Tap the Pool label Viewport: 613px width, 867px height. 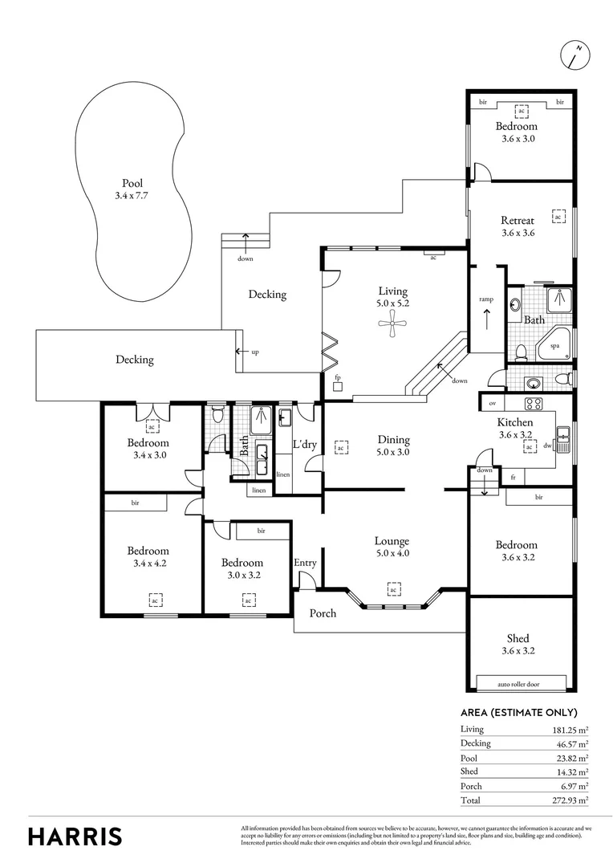pos(132,183)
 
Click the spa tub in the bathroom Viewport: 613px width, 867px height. pos(556,344)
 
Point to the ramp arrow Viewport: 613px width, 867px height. pos(486,316)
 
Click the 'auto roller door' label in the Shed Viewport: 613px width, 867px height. pos(520,685)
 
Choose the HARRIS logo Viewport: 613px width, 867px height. pos(75,836)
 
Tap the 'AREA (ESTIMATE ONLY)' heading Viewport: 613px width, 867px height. pos(518,712)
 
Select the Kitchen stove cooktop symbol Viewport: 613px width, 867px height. pos(535,403)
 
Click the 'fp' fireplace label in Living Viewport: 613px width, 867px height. pos(338,377)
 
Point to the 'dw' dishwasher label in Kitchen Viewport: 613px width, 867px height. pos(547,445)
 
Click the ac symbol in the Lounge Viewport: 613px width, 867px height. pos(393,591)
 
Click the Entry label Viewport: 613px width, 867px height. pos(305,563)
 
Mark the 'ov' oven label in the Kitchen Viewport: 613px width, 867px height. pos(491,403)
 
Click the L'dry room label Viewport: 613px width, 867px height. pos(305,444)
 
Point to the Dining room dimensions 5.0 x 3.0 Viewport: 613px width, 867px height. pos(393,452)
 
